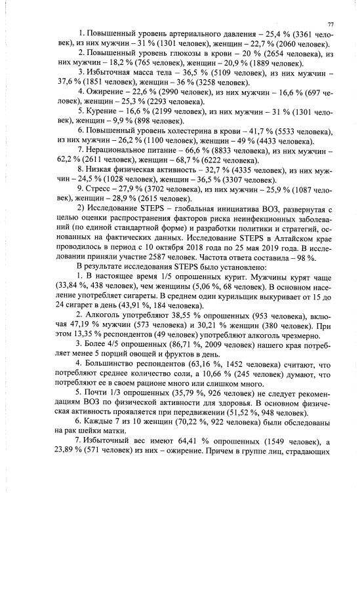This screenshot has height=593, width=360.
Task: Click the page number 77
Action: coord(330,24)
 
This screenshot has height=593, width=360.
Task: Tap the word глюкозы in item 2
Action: coord(168,54)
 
